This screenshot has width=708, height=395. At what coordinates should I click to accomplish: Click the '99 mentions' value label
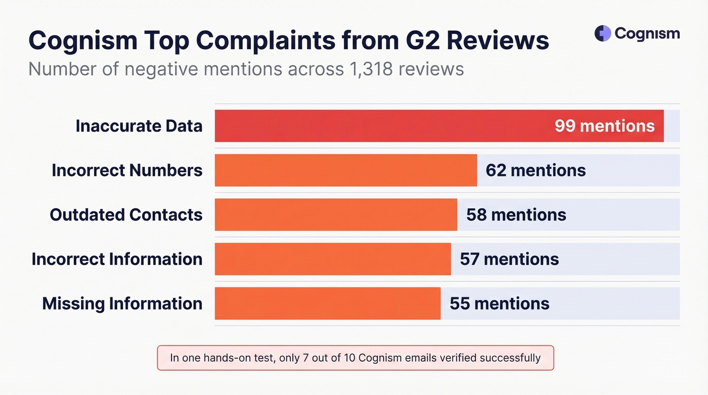click(604, 126)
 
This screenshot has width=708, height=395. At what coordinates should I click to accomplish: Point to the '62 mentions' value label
click(536, 170)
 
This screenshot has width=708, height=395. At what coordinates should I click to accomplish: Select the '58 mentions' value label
click(516, 215)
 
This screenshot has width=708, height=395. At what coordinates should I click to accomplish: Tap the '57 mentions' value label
click(509, 259)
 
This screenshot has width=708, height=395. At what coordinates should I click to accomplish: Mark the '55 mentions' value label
click(499, 303)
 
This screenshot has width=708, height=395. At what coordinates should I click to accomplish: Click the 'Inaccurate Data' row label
click(139, 126)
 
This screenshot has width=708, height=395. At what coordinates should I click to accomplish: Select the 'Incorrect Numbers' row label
click(127, 170)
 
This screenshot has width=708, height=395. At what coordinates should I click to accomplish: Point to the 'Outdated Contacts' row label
click(126, 215)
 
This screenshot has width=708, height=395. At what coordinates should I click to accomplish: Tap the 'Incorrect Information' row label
click(117, 259)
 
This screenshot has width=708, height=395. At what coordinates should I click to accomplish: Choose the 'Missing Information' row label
click(122, 303)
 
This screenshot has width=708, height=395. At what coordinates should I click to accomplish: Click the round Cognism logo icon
click(603, 33)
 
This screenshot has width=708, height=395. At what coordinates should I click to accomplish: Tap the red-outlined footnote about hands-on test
click(356, 358)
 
